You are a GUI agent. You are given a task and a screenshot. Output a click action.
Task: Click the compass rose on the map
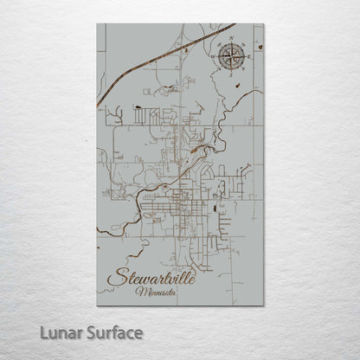tap(232, 58)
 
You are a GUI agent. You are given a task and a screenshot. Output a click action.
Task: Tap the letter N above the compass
tap(232, 42)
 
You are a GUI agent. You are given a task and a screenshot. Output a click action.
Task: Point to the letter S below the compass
tap(232, 75)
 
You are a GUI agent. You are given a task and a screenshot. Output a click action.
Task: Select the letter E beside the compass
tap(249, 58)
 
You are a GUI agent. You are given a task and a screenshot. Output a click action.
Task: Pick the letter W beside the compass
tap(215, 58)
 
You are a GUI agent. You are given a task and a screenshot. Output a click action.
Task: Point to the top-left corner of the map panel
tap(98, 24)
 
